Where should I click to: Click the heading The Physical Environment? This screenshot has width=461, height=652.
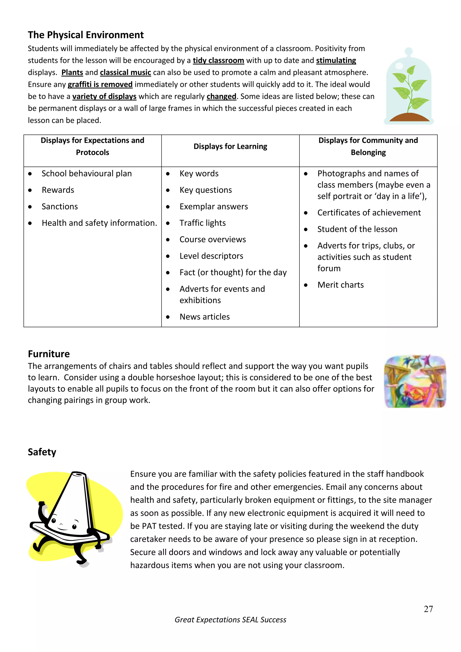[x=86, y=35]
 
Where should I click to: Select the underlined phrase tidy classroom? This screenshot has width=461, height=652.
[x=218, y=61]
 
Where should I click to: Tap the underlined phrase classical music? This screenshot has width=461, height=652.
[x=125, y=72]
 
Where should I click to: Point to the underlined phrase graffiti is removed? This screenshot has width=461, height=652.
[x=100, y=84]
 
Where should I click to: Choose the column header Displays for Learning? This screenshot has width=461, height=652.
[x=230, y=147]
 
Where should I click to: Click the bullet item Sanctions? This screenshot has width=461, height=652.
[x=60, y=206]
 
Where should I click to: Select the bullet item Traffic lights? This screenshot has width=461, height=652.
[x=202, y=223]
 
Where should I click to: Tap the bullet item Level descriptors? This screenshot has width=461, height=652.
[x=211, y=256]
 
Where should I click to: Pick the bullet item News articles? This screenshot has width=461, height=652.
[x=204, y=317]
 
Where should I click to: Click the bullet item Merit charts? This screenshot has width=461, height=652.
[x=340, y=285]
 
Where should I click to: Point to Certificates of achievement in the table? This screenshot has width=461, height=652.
[x=369, y=213]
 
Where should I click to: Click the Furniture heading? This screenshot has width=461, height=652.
[x=49, y=354]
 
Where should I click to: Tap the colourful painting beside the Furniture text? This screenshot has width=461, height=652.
[x=415, y=381]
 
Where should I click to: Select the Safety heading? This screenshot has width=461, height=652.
[x=42, y=452]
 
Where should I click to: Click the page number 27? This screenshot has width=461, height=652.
[x=428, y=609]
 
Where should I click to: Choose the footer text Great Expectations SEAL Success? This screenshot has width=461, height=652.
[x=230, y=620]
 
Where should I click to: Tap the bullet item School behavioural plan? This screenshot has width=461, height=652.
[x=87, y=174]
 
